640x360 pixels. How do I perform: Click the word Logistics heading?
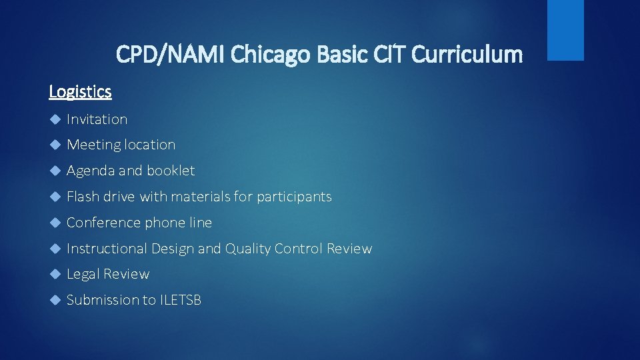pyautogui.click(x=80, y=91)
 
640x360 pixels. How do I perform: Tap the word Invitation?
pyautogui.click(x=97, y=119)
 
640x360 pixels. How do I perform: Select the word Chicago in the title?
pyautogui.click(x=270, y=54)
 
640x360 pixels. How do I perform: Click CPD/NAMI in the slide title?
pyautogui.click(x=171, y=54)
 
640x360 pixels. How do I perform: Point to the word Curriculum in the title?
pyautogui.click(x=467, y=54)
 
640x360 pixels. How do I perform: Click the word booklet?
pyautogui.click(x=171, y=171)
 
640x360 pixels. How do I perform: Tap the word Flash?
pyautogui.click(x=82, y=197)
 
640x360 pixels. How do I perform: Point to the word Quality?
pyautogui.click(x=247, y=249)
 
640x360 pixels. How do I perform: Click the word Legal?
pyautogui.click(x=83, y=274)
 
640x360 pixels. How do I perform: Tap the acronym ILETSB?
pyautogui.click(x=180, y=300)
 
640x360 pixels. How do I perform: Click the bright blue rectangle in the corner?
pyautogui.click(x=565, y=30)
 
